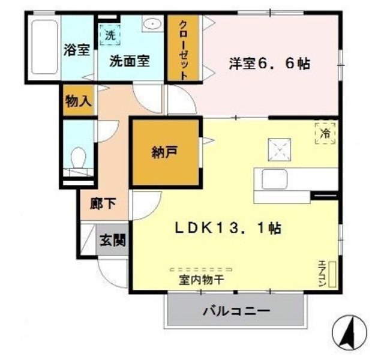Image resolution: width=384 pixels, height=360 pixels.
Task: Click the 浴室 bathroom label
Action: tap(76, 50)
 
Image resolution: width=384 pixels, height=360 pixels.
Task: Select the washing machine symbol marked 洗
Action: tap(110, 34)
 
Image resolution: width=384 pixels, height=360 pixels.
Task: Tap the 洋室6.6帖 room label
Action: tap(269, 64)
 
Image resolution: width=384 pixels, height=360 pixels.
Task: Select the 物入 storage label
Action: tap(79, 100)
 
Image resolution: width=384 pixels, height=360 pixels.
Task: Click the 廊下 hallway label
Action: tap(103, 204)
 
